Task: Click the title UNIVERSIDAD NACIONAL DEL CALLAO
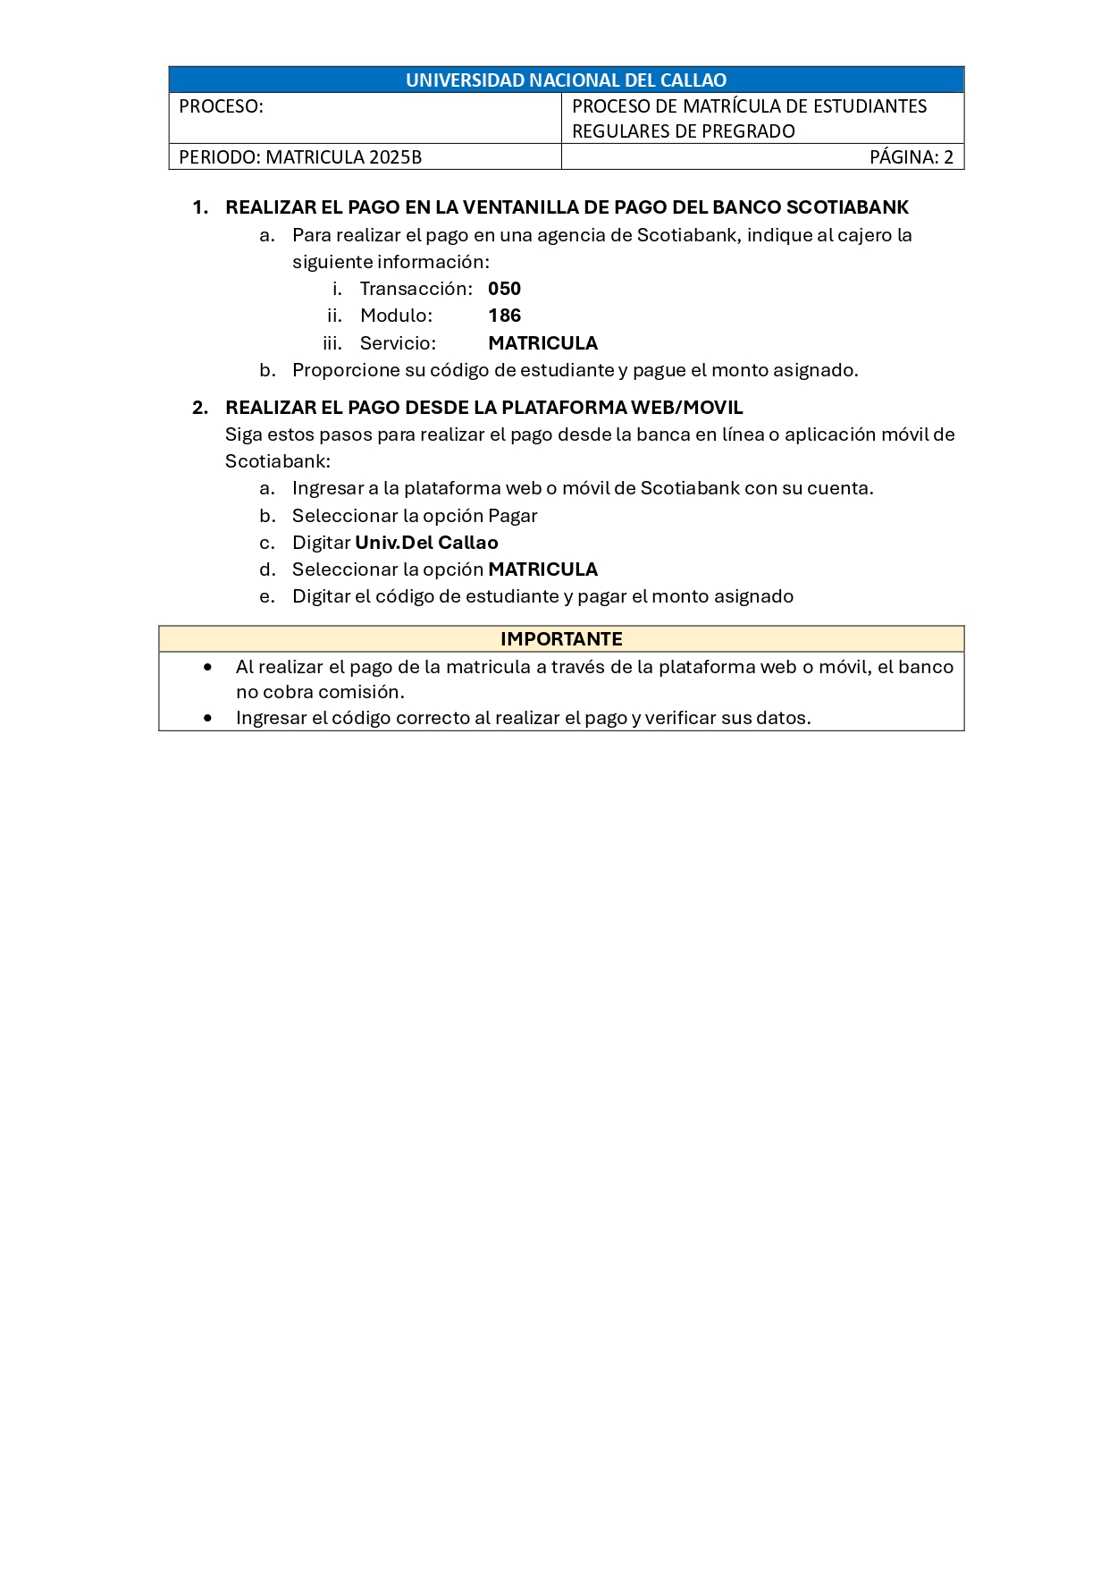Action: pos(566,80)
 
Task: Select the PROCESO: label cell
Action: pos(222,106)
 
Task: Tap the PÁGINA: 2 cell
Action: pos(911,157)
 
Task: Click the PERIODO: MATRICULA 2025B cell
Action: pos(300,157)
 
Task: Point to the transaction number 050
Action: pos(504,289)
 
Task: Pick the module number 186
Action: pos(504,316)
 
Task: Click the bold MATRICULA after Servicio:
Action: pos(542,343)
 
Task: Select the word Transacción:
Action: pos(416,289)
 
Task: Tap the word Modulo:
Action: pos(396,316)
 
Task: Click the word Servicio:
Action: pos(398,343)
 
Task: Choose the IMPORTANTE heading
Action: pos(561,639)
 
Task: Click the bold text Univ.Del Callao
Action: pos(426,543)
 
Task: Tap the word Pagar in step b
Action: pos(512,516)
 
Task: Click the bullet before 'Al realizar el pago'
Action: pos(208,667)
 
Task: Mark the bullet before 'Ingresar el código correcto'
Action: pos(208,718)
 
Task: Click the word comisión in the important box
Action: pos(364,692)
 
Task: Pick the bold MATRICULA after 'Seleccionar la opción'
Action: pos(542,569)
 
